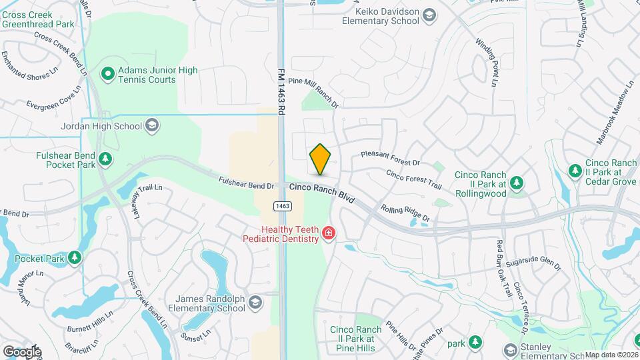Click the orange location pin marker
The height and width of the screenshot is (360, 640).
[x=320, y=159]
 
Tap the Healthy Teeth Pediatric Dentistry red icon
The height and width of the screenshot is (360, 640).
[x=328, y=233]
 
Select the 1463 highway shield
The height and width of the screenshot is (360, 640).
[x=282, y=206]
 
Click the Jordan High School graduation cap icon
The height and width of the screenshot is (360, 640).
[x=152, y=126]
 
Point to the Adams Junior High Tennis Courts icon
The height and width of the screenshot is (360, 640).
[x=107, y=74]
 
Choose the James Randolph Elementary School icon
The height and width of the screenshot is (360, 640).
[x=255, y=304]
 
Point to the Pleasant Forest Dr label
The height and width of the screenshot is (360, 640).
[x=390, y=159]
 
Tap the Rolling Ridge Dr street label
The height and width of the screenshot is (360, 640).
[x=406, y=213]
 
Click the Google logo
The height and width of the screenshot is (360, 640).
[x=22, y=351]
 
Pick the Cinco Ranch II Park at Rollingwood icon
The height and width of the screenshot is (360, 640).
[x=515, y=182]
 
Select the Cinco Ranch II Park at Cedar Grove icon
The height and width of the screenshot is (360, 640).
[x=575, y=171]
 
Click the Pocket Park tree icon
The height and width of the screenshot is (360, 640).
[x=75, y=257]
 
